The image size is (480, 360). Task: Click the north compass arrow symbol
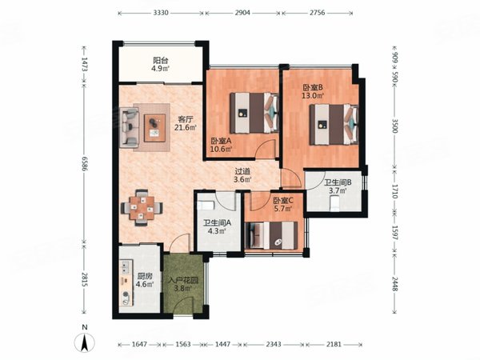pyautogui.click(x=85, y=342)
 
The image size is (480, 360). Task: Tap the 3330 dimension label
pyautogui.click(x=161, y=13)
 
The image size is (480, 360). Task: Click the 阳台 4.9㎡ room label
pyautogui.click(x=161, y=64)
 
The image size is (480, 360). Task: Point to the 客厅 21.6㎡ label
pyautogui.click(x=186, y=123)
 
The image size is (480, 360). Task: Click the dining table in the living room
pyautogui.click(x=142, y=208)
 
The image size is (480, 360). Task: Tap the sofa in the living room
pyautogui.click(x=129, y=127)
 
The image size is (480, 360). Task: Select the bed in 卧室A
pyautogui.click(x=254, y=113)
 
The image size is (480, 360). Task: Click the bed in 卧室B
pyautogui.click(x=334, y=124)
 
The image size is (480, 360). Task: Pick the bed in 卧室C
pyautogui.click(x=271, y=235)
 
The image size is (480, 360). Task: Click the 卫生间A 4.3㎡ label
pyautogui.click(x=218, y=227)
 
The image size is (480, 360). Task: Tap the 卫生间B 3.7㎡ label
pyautogui.click(x=338, y=186)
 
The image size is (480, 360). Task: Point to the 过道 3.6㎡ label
pyautogui.click(x=242, y=175)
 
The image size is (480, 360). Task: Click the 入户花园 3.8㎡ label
pyautogui.click(x=183, y=284)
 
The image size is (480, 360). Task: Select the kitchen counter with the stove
pyautogui.click(x=126, y=282)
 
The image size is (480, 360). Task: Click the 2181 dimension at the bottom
pyautogui.click(x=334, y=344)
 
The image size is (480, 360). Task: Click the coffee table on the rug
pyautogui.click(x=155, y=128)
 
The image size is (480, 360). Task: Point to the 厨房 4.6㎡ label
pyautogui.click(x=145, y=280)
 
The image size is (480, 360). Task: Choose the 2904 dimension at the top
pyautogui.click(x=242, y=13)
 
